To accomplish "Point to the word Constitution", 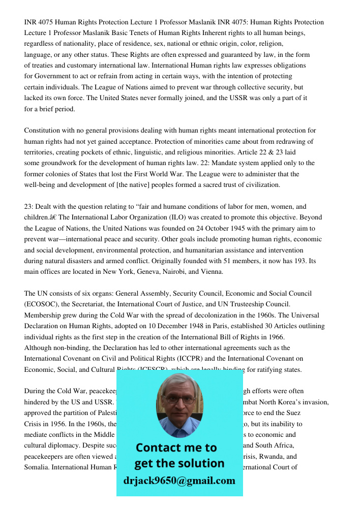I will (x=42, y=131).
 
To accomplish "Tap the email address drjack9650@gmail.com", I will (x=179, y=481).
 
